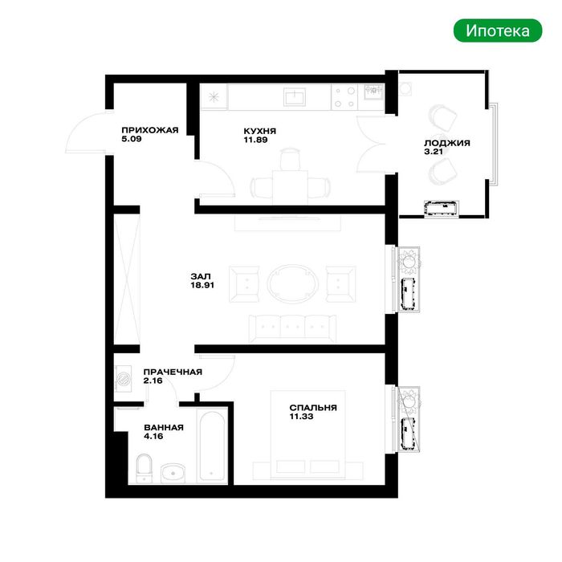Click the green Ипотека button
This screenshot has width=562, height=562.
[x=498, y=31]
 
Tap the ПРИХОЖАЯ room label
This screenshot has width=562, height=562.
[x=150, y=130]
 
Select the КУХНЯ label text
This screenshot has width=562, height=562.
[x=260, y=131]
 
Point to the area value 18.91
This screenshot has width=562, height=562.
[x=202, y=285]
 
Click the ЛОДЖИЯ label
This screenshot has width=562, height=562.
[x=447, y=143]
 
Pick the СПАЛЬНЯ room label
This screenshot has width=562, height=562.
[x=313, y=408]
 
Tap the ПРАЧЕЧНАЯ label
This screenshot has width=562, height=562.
[x=173, y=372]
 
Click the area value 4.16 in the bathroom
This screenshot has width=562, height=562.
[x=153, y=436]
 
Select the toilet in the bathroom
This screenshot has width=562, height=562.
[x=145, y=468]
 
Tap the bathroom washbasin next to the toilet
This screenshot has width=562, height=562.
[x=173, y=474]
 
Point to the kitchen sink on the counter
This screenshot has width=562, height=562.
[x=295, y=97]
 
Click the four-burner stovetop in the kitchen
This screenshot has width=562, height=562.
[x=345, y=97]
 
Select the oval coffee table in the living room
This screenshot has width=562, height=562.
[x=292, y=284]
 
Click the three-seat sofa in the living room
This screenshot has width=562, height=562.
[x=292, y=328]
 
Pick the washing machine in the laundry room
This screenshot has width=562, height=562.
[x=124, y=378]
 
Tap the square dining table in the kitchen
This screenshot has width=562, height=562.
[x=290, y=187]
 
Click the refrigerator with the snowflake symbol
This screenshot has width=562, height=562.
[x=214, y=97]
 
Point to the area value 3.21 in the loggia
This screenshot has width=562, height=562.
[x=434, y=152]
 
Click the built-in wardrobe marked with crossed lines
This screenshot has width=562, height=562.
[x=127, y=279]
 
